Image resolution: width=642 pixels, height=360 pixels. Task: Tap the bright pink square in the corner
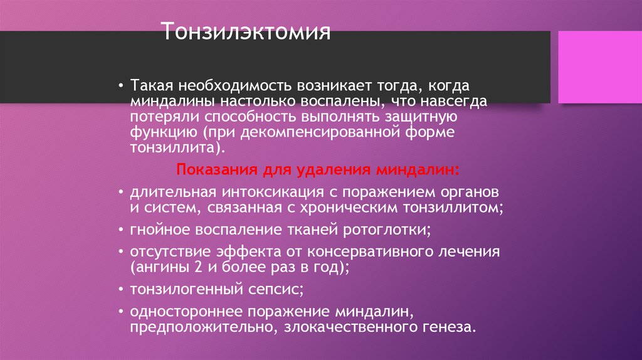click(595, 67)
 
